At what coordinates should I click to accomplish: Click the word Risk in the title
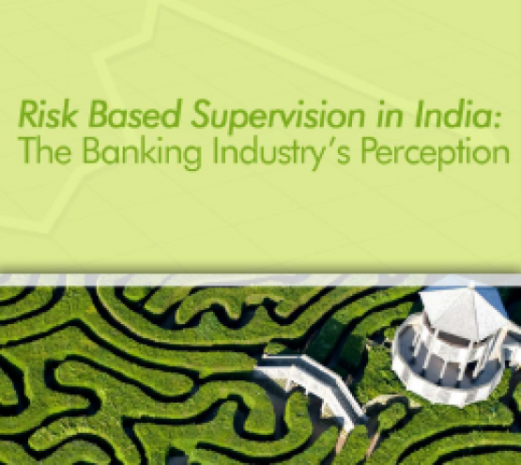(48, 114)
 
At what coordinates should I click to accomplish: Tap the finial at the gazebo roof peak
(472, 285)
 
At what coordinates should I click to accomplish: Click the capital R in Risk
(28, 115)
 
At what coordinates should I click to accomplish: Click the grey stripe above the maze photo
(213, 280)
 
